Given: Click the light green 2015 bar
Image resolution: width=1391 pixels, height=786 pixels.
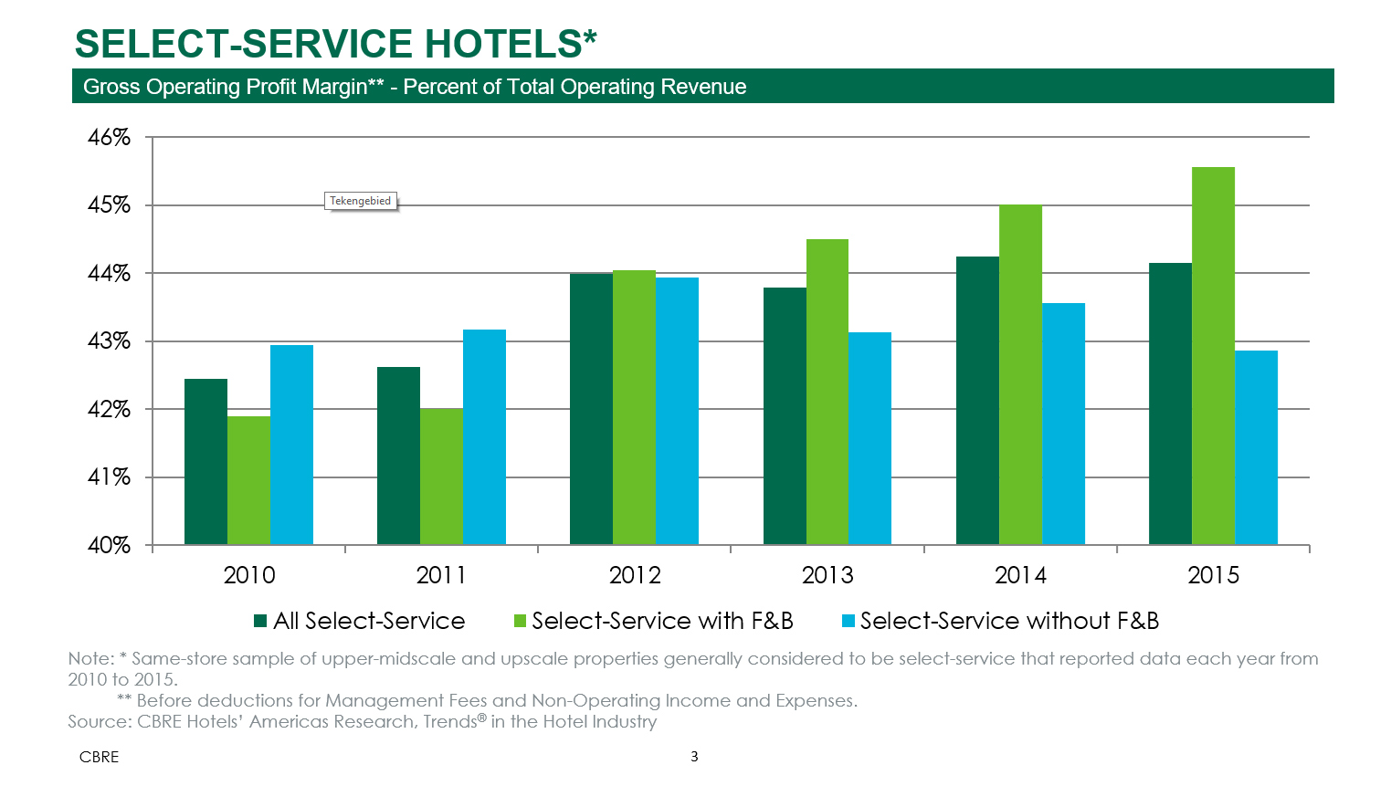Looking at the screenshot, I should pyautogui.click(x=1213, y=356).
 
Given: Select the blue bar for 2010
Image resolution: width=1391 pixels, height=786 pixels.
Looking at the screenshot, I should pyautogui.click(x=291, y=445).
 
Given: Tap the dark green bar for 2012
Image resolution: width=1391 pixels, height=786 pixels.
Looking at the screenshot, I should pyautogui.click(x=591, y=409).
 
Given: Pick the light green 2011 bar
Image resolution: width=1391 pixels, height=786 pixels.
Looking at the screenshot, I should pyautogui.click(x=441, y=477).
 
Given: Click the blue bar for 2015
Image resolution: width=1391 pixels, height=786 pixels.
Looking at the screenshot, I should pyautogui.click(x=1256, y=447).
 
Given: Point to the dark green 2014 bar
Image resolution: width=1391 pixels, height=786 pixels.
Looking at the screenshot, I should pyautogui.click(x=977, y=401).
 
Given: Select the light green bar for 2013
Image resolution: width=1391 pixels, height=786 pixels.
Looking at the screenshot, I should pyautogui.click(x=827, y=392).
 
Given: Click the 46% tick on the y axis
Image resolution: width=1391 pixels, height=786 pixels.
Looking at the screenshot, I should pyautogui.click(x=110, y=138).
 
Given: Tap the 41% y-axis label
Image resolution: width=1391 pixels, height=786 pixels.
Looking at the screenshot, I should pyautogui.click(x=110, y=477).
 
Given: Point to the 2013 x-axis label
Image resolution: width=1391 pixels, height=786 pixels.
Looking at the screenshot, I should pyautogui.click(x=827, y=575).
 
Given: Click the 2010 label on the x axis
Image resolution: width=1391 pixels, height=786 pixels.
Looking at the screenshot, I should pyautogui.click(x=249, y=575).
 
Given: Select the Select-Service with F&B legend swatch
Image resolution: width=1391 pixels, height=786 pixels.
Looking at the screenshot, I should pyautogui.click(x=521, y=622).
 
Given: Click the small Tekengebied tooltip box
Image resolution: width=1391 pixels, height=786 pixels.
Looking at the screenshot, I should pyautogui.click(x=361, y=201).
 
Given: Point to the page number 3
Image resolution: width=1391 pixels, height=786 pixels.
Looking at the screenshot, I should pyautogui.click(x=694, y=756).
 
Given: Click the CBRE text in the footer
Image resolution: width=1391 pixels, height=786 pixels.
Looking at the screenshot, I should pyautogui.click(x=99, y=757).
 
